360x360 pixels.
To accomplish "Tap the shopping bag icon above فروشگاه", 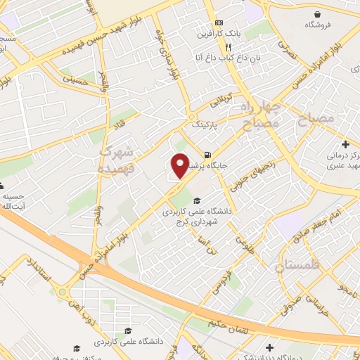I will (x=319, y=14).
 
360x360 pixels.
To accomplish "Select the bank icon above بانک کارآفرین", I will (x=219, y=22).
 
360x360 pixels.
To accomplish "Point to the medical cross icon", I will (x=345, y=143).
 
